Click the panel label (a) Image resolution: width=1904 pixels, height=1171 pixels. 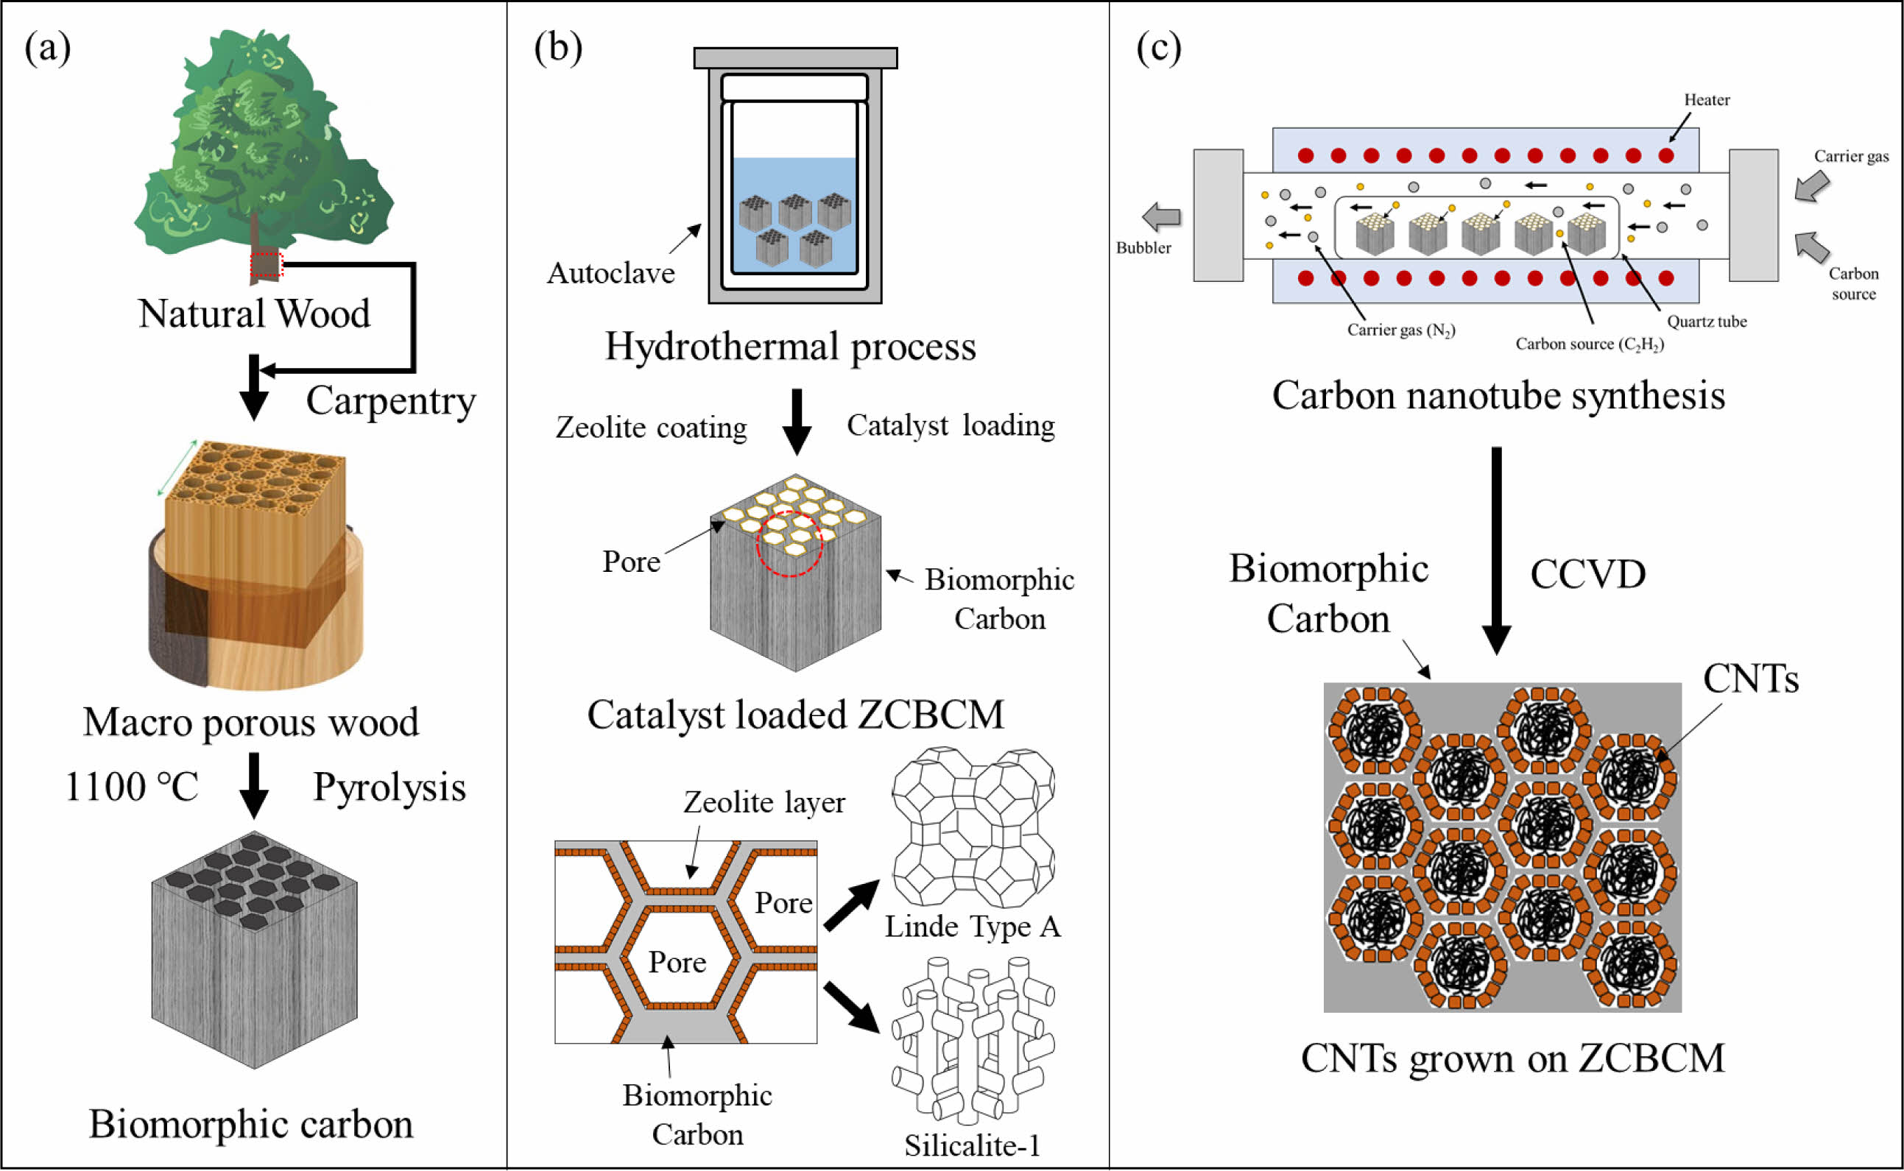pyautogui.click(x=47, y=48)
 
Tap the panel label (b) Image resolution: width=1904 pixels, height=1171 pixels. pyautogui.click(x=557, y=48)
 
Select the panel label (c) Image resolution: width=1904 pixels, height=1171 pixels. pyautogui.click(x=1159, y=48)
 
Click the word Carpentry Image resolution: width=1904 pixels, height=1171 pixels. pyautogui.click(x=390, y=401)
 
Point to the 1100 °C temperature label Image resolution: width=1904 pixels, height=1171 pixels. pyautogui.click(x=132, y=787)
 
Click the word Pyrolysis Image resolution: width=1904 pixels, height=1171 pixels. pyautogui.click(x=389, y=787)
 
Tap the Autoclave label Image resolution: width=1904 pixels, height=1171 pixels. pyautogui.click(x=610, y=273)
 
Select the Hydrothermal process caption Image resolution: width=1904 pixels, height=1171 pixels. pyautogui.click(x=790, y=346)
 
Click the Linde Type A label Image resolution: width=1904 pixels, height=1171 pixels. pyautogui.click(x=972, y=926)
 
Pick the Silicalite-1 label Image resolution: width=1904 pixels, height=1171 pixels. pyautogui.click(x=972, y=1145)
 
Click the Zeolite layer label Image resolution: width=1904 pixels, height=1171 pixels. pyautogui.click(x=764, y=802)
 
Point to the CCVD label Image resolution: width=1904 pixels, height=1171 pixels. pyautogui.click(x=1588, y=575)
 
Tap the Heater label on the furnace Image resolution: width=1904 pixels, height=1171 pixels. pyautogui.click(x=1707, y=100)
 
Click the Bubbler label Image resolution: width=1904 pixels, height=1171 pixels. pyautogui.click(x=1143, y=248)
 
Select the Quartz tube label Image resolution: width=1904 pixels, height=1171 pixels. pyautogui.click(x=1707, y=322)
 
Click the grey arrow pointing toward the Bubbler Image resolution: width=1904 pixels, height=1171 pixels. pyautogui.click(x=1161, y=217)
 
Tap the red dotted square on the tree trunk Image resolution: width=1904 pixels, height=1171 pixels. pyautogui.click(x=267, y=265)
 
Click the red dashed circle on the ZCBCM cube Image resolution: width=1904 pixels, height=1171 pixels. pyautogui.click(x=789, y=544)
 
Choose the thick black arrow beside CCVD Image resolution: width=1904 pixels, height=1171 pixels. pyautogui.click(x=1497, y=550)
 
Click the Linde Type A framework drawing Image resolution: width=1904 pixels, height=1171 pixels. pyautogui.click(x=972, y=827)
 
